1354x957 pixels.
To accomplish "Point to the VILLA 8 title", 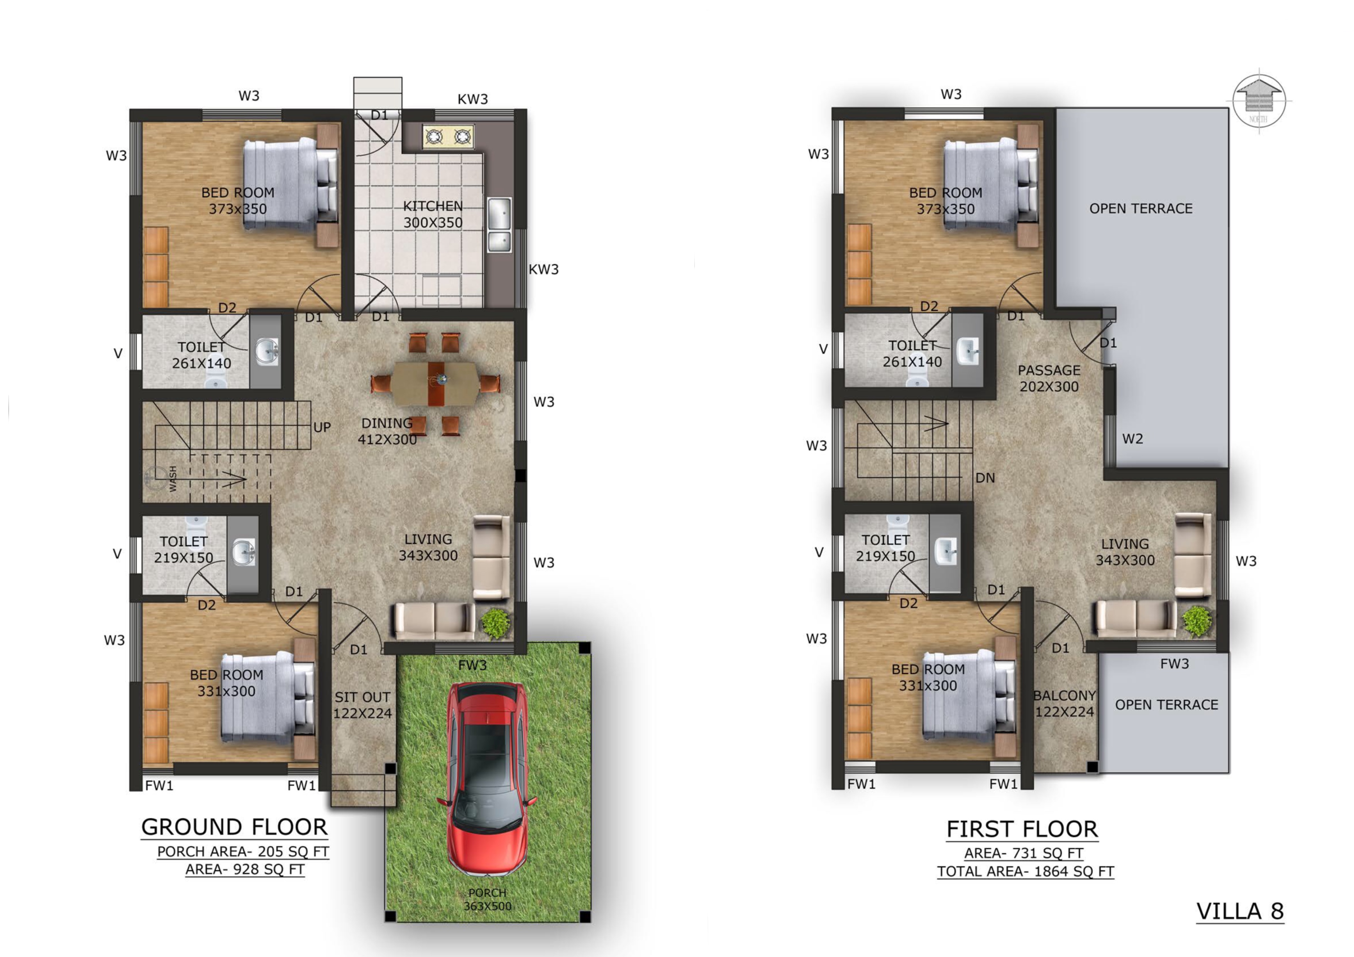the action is (1240, 911).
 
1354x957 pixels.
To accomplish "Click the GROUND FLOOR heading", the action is (234, 827).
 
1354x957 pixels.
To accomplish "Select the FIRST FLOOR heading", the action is (1022, 829).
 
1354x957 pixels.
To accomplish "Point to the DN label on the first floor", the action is (985, 478).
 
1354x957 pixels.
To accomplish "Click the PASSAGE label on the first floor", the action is (1049, 370).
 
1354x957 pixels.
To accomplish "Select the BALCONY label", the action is (1065, 696).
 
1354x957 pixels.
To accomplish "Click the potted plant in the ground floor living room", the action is (496, 623).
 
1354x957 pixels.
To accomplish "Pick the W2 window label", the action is (1133, 439).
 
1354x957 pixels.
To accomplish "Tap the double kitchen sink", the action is (499, 224).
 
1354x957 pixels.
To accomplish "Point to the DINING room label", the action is (387, 423).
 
